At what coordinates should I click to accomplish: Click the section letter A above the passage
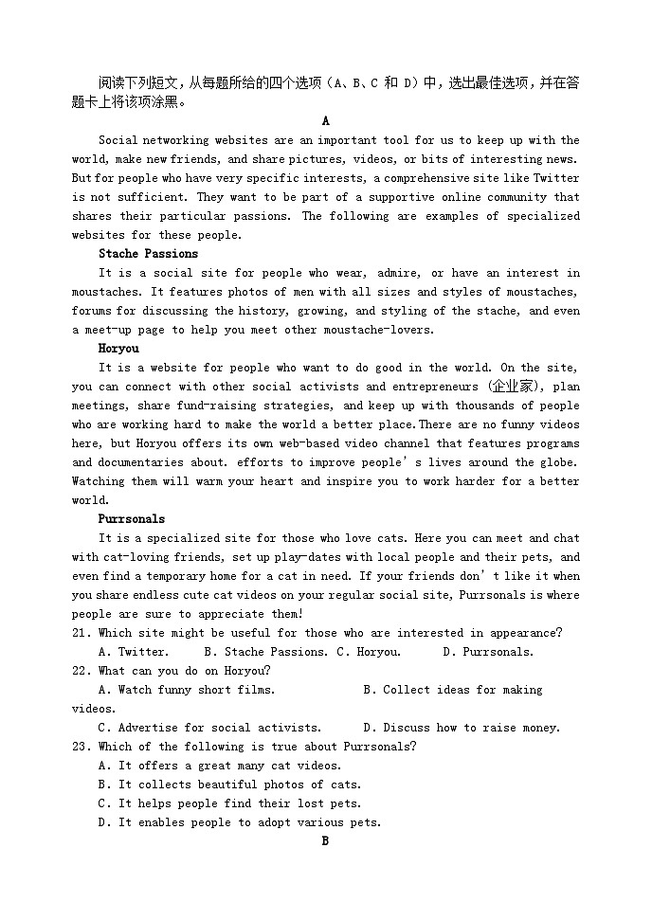[x=325, y=121]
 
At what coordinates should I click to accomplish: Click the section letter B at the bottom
[x=325, y=841]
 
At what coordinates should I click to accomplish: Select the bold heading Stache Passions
[x=149, y=254]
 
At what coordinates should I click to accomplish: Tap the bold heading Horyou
[x=118, y=349]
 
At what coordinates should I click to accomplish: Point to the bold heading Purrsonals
[x=132, y=519]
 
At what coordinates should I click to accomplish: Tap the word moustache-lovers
[x=379, y=330]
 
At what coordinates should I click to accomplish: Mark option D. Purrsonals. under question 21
[x=488, y=652]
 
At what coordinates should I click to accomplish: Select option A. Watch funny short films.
[x=187, y=690]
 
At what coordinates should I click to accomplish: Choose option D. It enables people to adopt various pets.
[x=240, y=822]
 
